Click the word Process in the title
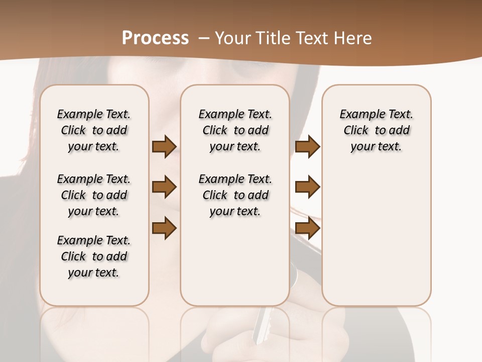coord(155,38)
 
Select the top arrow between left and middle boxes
coord(164,147)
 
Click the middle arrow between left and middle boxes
coord(164,187)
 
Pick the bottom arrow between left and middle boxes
coord(164,227)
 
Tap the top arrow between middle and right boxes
coord(307,147)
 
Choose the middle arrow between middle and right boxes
coord(307,187)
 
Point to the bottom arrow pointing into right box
coord(307,227)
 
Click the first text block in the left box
coord(94,130)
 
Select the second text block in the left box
coord(94,195)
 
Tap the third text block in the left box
coord(94,256)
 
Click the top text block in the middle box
coord(235,130)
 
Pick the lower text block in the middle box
coord(235,195)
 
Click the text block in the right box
coord(377,130)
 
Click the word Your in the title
coord(233,38)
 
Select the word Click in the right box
coord(356,131)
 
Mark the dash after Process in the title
coord(204,38)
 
